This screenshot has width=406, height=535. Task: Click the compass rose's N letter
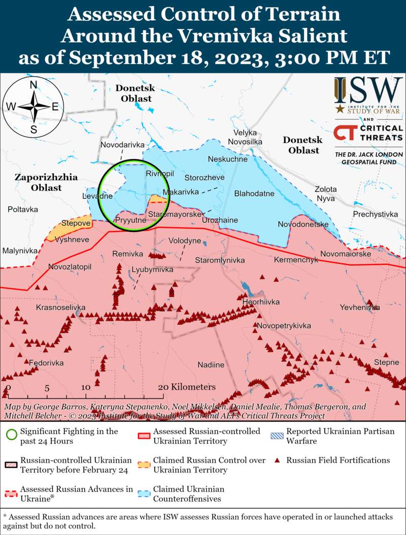(x=33, y=85)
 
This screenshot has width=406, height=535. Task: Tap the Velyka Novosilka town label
(x=245, y=137)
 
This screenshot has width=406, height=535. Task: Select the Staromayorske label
(x=175, y=215)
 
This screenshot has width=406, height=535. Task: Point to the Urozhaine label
(x=220, y=220)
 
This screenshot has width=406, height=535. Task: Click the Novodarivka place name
(x=122, y=145)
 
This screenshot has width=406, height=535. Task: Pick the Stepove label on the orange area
(x=76, y=223)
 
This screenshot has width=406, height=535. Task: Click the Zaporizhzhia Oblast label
(x=46, y=182)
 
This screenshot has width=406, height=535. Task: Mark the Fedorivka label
(x=46, y=363)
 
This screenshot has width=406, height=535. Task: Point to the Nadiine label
(x=211, y=364)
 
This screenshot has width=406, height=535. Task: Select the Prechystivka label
(x=376, y=214)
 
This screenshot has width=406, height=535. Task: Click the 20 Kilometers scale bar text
(x=187, y=387)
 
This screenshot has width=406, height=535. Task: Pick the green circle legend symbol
(x=11, y=436)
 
